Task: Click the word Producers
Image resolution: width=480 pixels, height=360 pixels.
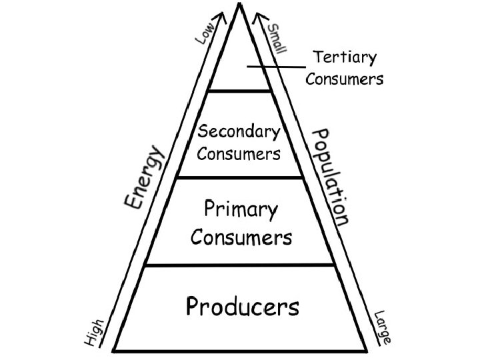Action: point(242,307)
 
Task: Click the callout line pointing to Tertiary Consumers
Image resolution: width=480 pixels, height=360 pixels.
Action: point(277,65)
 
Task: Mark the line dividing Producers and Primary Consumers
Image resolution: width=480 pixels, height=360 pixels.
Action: point(240,265)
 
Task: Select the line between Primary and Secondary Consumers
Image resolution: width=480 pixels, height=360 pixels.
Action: point(240,177)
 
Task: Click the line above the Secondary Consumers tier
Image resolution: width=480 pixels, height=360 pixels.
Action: point(240,91)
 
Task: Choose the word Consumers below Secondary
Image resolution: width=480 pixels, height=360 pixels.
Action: point(239,155)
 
